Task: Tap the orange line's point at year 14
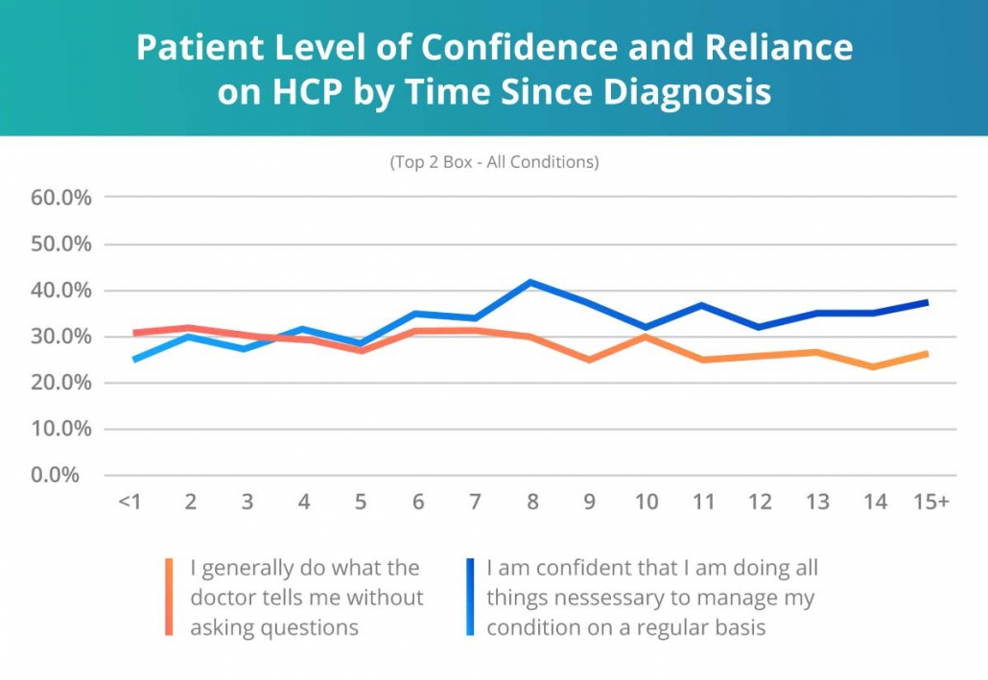point(873,366)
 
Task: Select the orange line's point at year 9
point(588,360)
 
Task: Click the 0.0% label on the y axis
point(59,475)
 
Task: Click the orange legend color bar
point(170,597)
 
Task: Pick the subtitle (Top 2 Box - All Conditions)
point(494,162)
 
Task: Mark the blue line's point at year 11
point(702,305)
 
